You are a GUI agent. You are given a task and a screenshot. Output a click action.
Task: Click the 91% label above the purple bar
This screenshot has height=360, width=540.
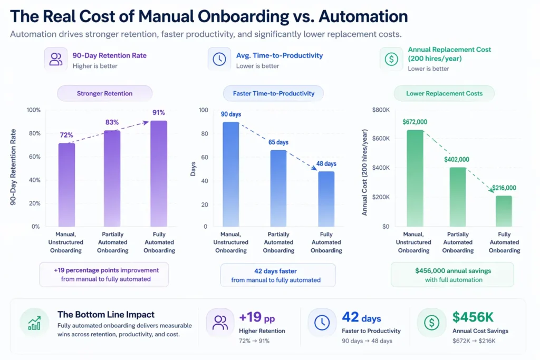[159, 112]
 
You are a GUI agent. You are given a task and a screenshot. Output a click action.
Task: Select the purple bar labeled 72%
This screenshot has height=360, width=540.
[66, 184]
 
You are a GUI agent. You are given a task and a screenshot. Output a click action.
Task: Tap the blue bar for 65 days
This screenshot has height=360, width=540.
[278, 188]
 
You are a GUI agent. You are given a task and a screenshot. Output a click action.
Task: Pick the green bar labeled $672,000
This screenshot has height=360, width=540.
[414, 178]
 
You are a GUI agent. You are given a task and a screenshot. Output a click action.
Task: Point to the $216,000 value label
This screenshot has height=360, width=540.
[504, 188]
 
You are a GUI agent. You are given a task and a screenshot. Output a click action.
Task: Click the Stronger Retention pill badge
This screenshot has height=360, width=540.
[104, 93]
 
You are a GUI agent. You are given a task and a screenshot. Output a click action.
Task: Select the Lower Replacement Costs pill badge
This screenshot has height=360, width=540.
[444, 93]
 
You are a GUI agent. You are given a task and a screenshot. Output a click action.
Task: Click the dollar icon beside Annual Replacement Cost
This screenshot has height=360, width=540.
[391, 59]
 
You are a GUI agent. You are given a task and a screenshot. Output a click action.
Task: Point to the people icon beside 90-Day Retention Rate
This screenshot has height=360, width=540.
[55, 59]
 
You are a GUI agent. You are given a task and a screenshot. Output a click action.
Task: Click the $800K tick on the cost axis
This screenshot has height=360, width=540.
[380, 110]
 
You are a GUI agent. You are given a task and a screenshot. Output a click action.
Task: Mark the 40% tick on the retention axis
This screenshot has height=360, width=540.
[33, 180]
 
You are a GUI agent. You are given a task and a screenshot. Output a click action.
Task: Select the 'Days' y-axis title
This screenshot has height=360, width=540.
[193, 169]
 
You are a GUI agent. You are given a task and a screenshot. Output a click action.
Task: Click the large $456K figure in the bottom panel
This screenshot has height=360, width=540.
[473, 317]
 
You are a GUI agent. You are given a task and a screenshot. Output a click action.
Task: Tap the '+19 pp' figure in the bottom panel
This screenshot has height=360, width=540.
[257, 318]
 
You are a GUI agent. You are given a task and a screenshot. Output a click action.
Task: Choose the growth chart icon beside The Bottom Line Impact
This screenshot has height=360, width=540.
[33, 323]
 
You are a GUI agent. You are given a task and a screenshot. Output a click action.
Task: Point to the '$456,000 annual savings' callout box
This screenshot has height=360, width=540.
[452, 275]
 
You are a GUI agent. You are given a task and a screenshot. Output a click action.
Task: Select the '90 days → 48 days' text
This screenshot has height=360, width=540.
[367, 341]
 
